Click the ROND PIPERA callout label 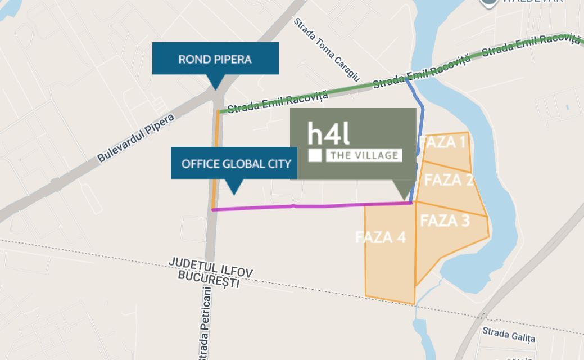[x=215, y=58]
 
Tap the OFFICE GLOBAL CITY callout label [x=236, y=164]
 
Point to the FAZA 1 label [x=443, y=142]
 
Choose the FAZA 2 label [x=448, y=180]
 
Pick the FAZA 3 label [x=445, y=220]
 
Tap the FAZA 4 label [x=381, y=237]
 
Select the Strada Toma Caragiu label [x=326, y=49]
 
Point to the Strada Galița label [x=509, y=336]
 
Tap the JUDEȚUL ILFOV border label [x=210, y=268]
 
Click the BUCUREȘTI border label [x=209, y=280]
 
